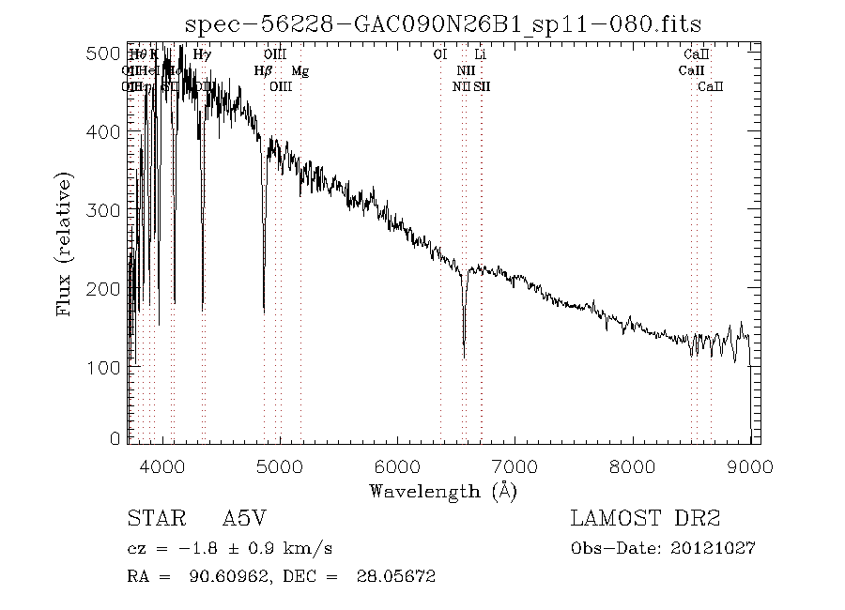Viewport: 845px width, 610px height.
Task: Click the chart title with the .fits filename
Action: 443,24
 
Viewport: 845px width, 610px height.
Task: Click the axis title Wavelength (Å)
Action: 442,490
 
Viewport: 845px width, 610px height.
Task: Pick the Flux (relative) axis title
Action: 65,243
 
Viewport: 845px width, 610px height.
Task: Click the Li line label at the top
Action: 480,55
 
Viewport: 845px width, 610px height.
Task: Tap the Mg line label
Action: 299,71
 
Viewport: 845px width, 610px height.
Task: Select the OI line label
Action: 438,55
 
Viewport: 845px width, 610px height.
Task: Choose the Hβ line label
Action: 263,71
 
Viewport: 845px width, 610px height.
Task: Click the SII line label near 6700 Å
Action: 482,86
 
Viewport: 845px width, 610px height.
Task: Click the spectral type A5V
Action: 247,519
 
